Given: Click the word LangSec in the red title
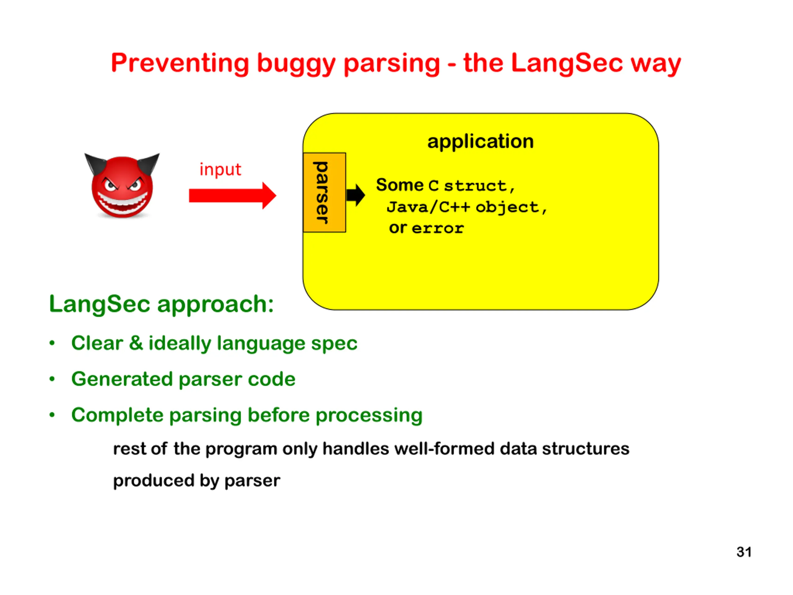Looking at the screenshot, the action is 567,63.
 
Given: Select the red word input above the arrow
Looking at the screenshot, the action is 220,169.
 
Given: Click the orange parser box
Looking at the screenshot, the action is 324,192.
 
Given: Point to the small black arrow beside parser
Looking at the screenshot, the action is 356,195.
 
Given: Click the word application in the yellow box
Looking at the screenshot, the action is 480,141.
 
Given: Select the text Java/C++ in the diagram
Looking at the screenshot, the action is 428,207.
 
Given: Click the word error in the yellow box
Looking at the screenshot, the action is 438,228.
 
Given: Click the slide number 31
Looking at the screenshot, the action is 744,552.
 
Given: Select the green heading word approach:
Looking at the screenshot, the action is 215,305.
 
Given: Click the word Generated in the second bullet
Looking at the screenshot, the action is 122,379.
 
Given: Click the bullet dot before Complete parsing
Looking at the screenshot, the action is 52,415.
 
